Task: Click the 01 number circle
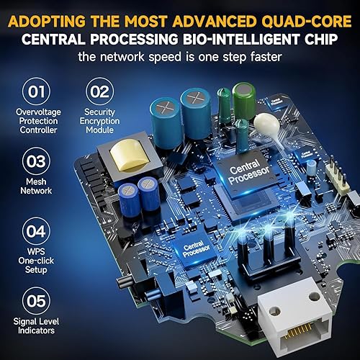click(35, 92)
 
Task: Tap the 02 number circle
click(99, 92)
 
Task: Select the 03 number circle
click(35, 157)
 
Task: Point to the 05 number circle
click(35, 299)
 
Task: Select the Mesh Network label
click(35, 186)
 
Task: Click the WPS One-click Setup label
click(35, 260)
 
